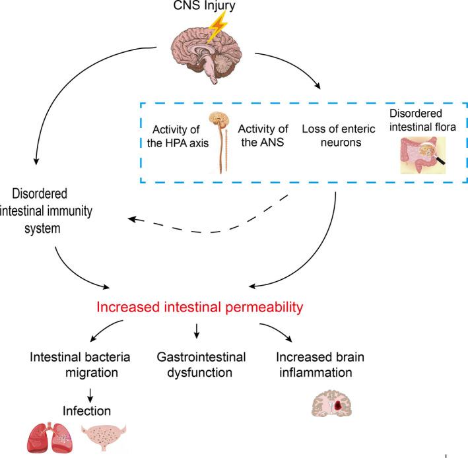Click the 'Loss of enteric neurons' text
(x=332, y=135)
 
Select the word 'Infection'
(x=86, y=412)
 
